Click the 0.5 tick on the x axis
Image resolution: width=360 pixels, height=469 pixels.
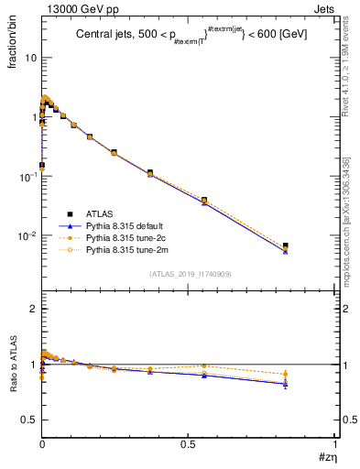189,443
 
